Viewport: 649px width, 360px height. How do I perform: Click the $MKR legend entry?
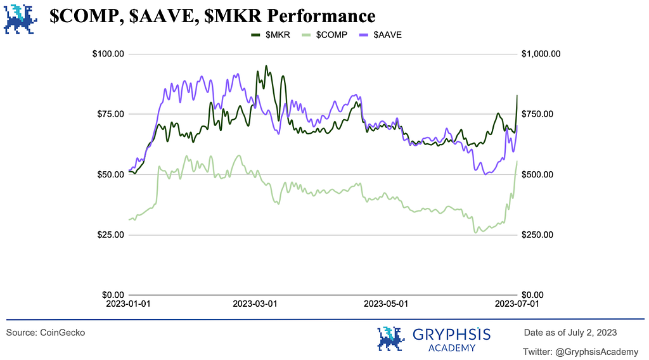coord(271,35)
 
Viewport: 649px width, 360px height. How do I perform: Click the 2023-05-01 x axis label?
coord(386,304)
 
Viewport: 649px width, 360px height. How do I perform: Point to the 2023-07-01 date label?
coord(517,304)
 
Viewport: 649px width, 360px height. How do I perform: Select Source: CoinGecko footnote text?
coord(46,333)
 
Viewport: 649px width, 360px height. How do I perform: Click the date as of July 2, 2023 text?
coord(570,333)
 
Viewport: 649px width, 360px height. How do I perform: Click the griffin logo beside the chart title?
coord(19,18)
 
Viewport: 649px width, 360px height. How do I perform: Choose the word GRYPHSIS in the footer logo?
coord(451,334)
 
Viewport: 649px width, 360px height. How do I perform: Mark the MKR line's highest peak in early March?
coord(266,66)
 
